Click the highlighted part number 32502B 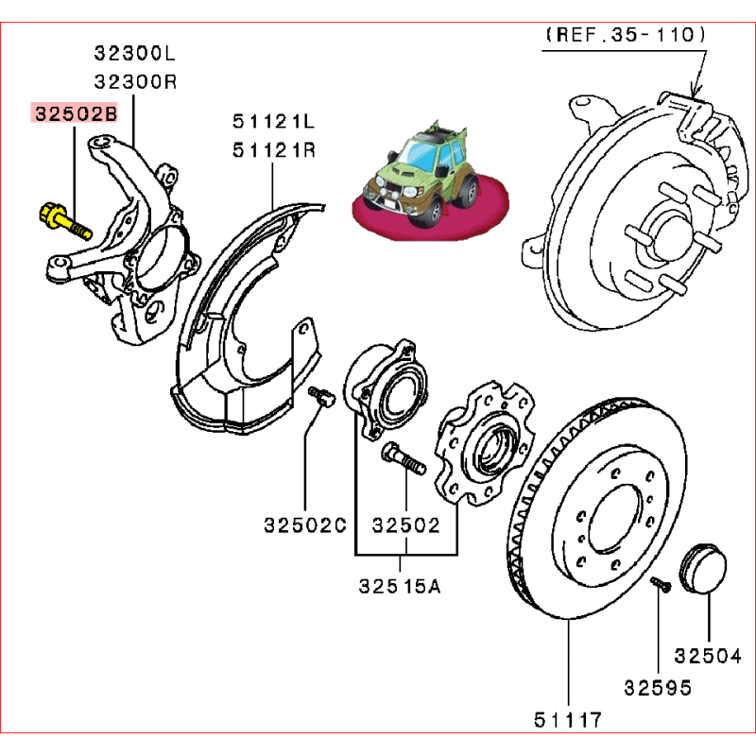76,114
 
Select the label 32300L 135,53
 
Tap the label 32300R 135,82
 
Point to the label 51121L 275,122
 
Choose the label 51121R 275,150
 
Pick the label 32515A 400,586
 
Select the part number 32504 708,655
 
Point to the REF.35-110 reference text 626,35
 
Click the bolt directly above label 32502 402,463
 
